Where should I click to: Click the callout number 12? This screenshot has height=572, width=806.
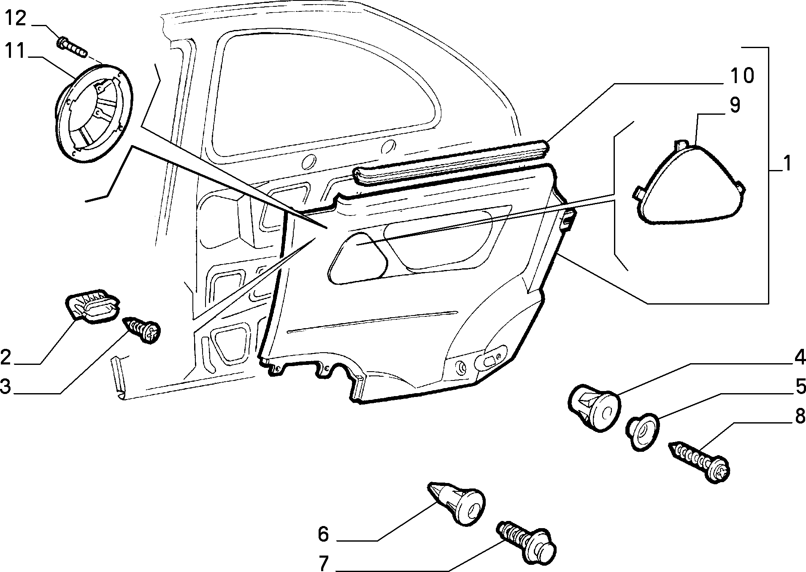coord(16,19)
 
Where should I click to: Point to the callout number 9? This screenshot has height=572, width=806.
coord(735,105)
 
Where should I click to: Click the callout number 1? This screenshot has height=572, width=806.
coord(786,163)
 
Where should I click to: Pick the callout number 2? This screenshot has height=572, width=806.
coord(6,357)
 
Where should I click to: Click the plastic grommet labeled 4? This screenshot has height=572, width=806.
coord(594,407)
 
